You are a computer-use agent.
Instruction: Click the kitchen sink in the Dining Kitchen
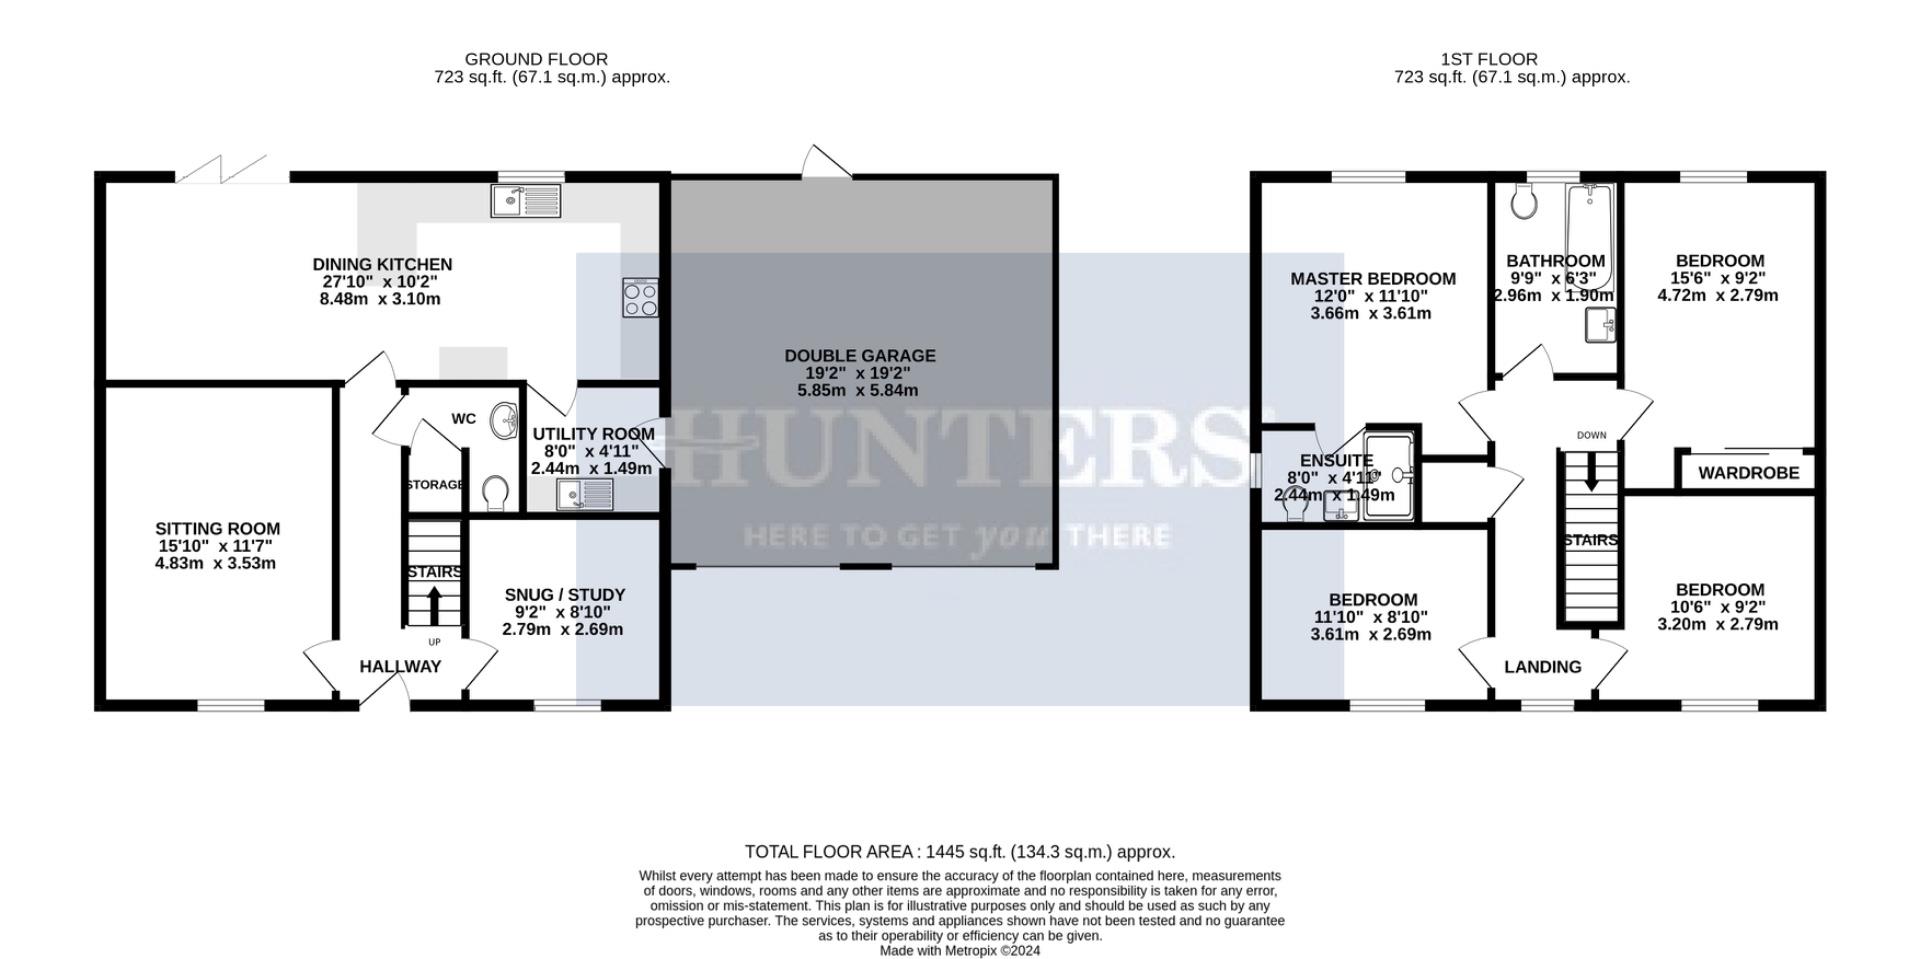527,201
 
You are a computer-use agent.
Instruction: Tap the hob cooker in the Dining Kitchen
640,297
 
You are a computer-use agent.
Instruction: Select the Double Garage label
859,356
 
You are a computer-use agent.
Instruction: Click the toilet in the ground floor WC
494,492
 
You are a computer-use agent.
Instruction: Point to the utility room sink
586,494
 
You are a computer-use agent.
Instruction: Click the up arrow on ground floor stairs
434,603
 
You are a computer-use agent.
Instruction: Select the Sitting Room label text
217,529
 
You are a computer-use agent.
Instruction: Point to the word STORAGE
434,485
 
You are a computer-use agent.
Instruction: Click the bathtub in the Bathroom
1590,235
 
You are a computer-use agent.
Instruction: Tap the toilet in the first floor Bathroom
1524,202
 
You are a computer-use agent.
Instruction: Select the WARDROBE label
1748,473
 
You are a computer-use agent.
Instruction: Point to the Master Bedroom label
1372,279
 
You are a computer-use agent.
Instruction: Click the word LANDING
1543,667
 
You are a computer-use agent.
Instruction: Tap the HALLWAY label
400,667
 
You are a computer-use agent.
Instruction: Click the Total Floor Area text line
959,852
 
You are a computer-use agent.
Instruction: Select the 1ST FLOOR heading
1489,59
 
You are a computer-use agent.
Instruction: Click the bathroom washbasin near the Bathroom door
1601,325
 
